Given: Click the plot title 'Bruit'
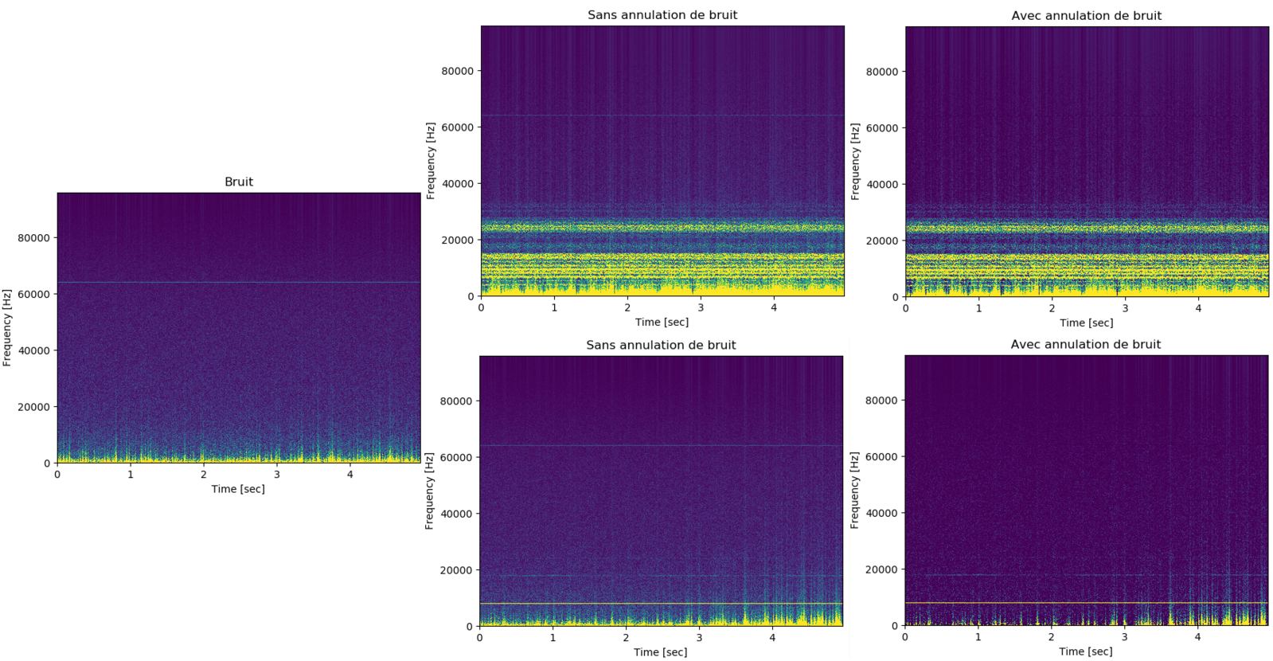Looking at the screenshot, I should (238, 182).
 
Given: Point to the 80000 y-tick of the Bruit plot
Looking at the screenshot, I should (33, 238).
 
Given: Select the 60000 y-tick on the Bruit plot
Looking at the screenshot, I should (33, 295).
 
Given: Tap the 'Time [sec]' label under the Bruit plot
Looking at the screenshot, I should (238, 489).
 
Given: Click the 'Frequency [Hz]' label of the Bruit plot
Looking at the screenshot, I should (7, 328).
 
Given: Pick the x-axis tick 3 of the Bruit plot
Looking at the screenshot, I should (277, 475).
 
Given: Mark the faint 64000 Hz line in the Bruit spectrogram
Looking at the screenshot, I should (239, 282).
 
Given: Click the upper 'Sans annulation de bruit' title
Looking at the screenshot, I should (662, 15).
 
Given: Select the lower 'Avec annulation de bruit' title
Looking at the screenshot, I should (1086, 345).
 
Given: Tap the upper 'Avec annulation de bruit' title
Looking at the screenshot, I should (1086, 16).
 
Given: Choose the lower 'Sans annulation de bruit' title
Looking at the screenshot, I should (661, 346).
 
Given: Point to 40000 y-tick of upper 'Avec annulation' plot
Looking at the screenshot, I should (881, 185).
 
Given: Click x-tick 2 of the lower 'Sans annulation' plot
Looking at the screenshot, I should (626, 638).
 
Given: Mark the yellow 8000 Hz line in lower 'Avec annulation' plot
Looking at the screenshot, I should (1086, 603).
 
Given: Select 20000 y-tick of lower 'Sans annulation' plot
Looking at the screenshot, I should (456, 570).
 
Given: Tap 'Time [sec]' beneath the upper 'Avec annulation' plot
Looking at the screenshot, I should (1086, 323).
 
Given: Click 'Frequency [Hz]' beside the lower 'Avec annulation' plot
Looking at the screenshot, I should (855, 491).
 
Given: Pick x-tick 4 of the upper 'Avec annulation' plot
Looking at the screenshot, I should (1198, 308).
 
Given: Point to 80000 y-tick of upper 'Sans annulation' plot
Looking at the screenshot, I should (457, 71).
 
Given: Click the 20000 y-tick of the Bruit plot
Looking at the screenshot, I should (33, 407).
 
